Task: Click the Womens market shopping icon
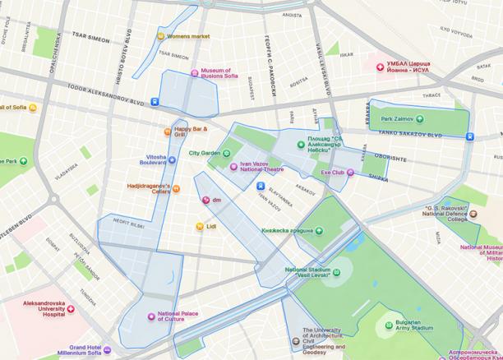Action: (160, 36)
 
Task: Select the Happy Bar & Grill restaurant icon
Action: (168, 131)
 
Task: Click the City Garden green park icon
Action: (228, 153)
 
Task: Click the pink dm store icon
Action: (205, 200)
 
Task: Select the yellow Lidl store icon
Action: (200, 226)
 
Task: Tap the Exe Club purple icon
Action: (350, 173)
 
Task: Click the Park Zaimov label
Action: (397, 119)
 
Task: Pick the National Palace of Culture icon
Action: (151, 316)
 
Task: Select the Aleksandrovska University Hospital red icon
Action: (71, 309)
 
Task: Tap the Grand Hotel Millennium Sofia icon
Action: (108, 350)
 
